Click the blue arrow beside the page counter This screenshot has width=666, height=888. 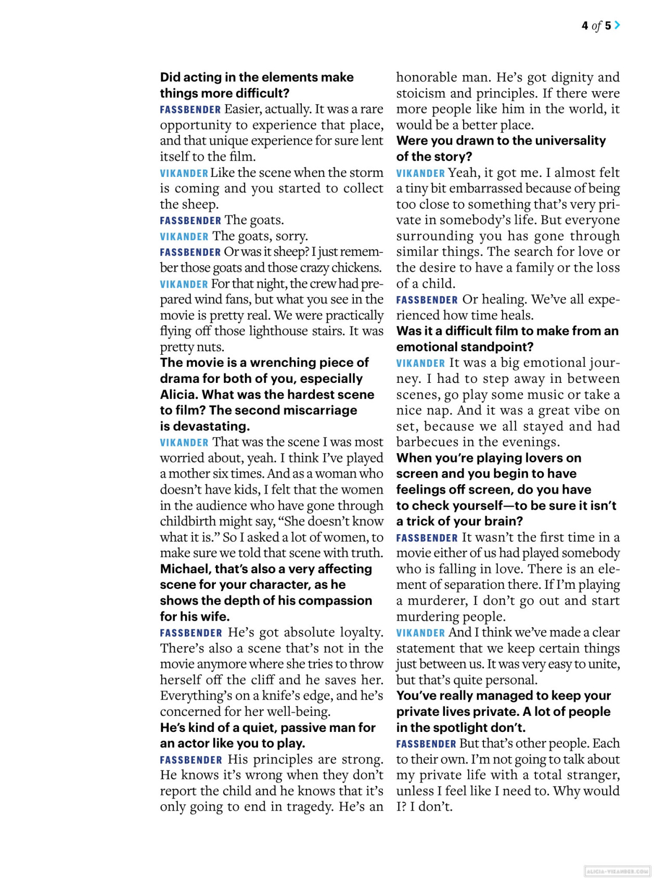coord(617,25)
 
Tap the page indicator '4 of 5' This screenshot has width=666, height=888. coord(596,25)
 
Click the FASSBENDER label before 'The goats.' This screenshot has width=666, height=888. coord(190,221)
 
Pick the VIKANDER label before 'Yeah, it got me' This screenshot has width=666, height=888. coord(420,173)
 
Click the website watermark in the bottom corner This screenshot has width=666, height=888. coord(618,871)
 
